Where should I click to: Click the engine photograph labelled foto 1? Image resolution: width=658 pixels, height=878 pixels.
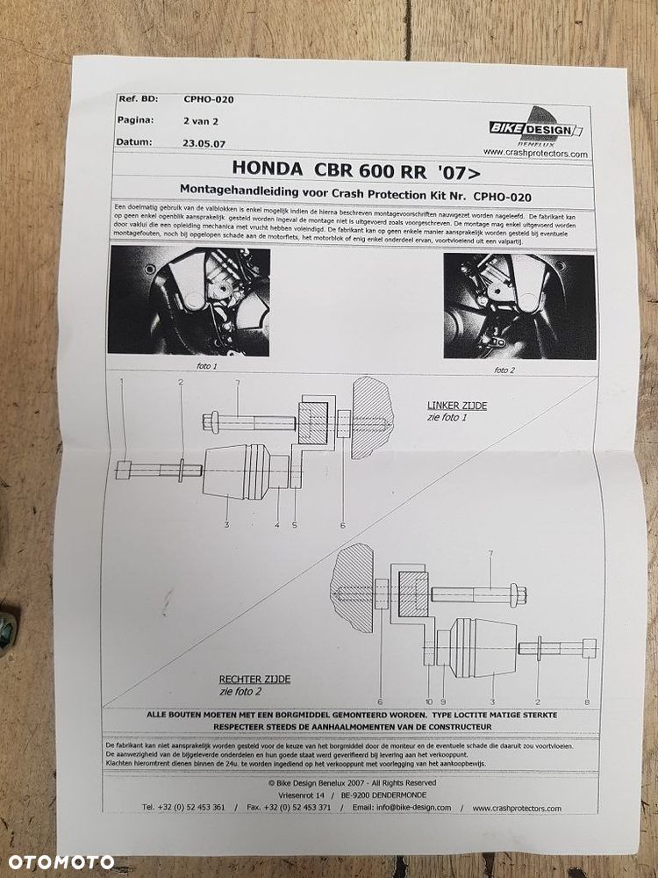189,300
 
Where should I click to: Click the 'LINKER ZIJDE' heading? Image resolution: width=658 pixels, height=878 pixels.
456,406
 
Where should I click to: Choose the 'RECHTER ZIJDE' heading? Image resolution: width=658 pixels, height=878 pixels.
254,679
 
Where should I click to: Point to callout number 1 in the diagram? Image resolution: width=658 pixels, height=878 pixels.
122,382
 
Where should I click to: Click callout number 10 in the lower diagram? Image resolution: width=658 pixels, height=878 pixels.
429,702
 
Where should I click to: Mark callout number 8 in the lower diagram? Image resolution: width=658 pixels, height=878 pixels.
586,702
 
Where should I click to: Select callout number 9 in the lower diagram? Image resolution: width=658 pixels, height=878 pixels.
443,702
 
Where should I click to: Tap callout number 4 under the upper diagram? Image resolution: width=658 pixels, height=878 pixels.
277,525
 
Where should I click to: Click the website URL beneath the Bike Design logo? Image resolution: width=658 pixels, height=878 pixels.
535,153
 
